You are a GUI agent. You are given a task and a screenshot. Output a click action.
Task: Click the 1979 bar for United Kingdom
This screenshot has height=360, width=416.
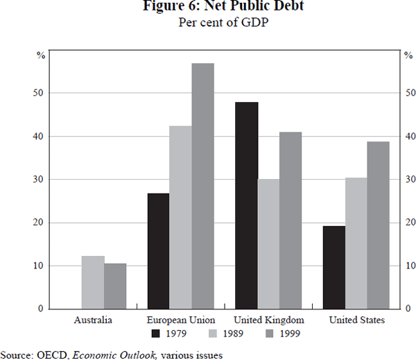click(246, 205)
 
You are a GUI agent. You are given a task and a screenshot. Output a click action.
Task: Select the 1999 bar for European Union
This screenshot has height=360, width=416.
click(203, 186)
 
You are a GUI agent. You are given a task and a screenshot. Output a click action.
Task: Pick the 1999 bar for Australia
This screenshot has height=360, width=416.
click(115, 286)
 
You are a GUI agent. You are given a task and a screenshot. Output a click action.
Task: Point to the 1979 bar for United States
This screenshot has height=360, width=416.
click(334, 267)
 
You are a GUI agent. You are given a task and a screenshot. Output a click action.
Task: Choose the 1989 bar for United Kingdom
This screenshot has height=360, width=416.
click(268, 243)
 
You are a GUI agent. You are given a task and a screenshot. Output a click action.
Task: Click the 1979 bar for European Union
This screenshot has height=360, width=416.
click(159, 250)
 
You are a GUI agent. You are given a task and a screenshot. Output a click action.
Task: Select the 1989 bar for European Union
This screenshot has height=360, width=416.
click(181, 217)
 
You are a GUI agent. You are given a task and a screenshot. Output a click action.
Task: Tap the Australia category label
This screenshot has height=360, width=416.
click(93, 320)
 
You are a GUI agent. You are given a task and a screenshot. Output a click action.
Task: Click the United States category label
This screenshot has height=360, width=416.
click(356, 320)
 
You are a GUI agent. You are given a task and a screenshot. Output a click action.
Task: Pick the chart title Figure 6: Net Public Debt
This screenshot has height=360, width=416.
click(208, 7)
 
